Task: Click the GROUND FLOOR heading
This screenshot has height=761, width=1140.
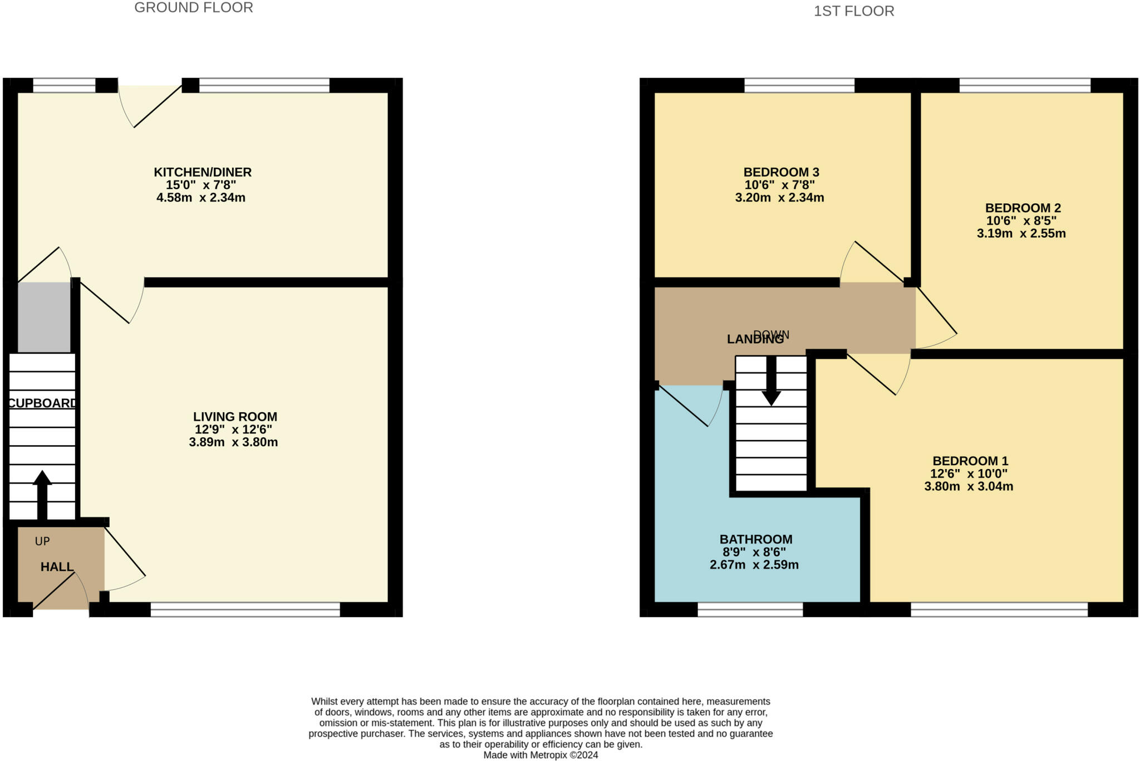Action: pyautogui.click(x=194, y=8)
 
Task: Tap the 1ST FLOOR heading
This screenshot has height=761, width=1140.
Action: pyautogui.click(x=854, y=11)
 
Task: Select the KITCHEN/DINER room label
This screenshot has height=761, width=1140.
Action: pyautogui.click(x=203, y=172)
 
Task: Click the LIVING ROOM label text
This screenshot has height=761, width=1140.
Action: pyautogui.click(x=235, y=417)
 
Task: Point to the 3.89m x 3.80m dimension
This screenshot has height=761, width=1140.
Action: pyautogui.click(x=233, y=442)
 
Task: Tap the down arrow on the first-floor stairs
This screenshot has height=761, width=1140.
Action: pyautogui.click(x=771, y=380)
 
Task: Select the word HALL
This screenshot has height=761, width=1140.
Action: pyautogui.click(x=57, y=567)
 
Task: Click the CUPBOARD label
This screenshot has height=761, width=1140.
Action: pyautogui.click(x=42, y=403)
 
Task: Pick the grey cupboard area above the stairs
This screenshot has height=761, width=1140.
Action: pyautogui.click(x=45, y=318)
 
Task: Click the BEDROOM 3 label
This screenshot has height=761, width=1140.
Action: pyautogui.click(x=781, y=172)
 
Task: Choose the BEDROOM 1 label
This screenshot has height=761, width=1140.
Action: pyautogui.click(x=970, y=461)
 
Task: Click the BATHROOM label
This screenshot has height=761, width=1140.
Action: pyautogui.click(x=756, y=539)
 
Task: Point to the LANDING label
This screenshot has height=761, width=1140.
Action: pyautogui.click(x=755, y=339)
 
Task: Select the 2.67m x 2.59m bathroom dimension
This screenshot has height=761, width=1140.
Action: pyautogui.click(x=754, y=565)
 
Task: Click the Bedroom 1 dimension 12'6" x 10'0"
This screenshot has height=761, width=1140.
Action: pyautogui.click(x=969, y=474)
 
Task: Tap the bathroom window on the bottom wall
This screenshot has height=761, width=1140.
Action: pyautogui.click(x=750, y=610)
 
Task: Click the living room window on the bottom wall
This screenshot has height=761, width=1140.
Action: pyautogui.click(x=245, y=610)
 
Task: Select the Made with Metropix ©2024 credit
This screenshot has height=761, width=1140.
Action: pyautogui.click(x=540, y=755)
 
